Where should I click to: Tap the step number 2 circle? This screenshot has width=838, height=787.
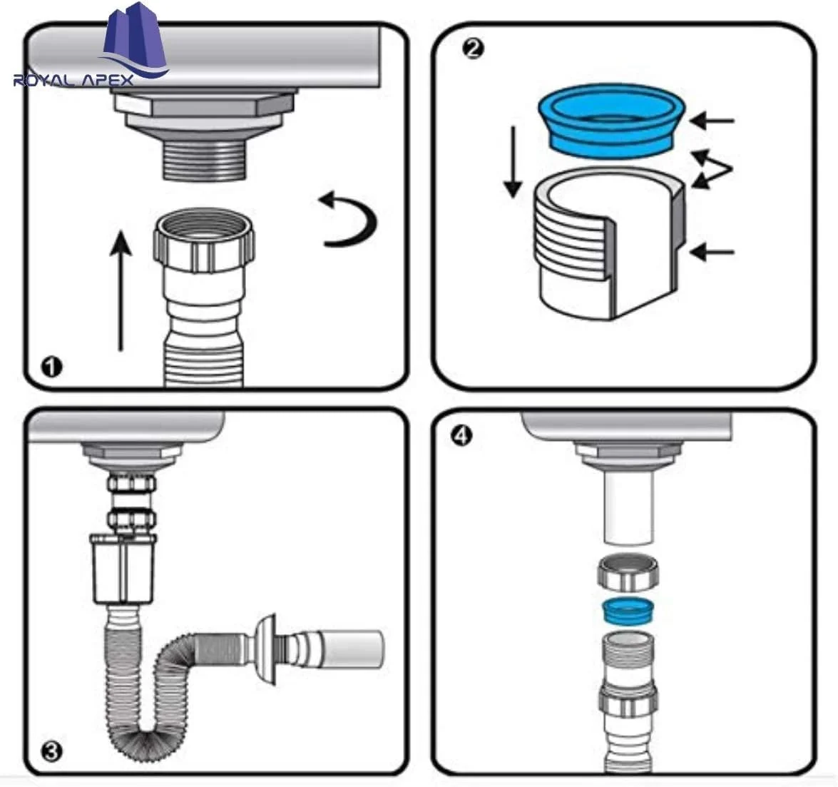[x=472, y=49]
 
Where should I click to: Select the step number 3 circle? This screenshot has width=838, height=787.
[x=51, y=751]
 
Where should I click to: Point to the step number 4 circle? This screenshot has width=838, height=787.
[x=462, y=436]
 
